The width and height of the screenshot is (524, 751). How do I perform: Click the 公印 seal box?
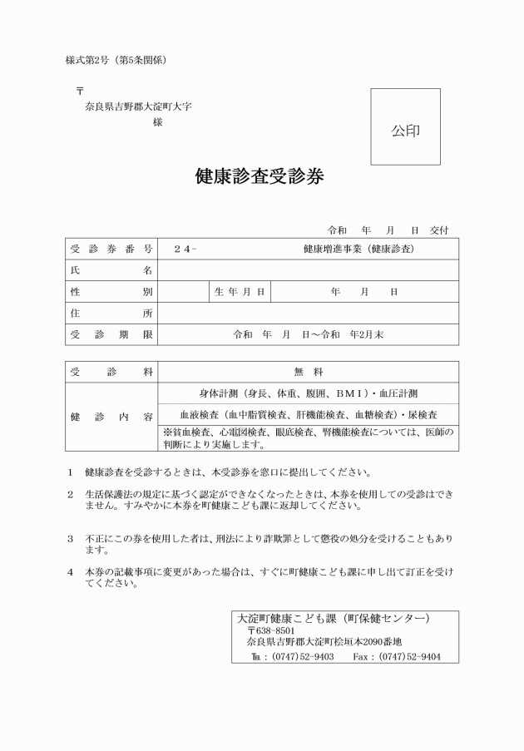click(x=405, y=126)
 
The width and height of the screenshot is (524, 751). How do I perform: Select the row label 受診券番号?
click(x=111, y=249)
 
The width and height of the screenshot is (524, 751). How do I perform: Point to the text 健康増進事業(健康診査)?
click(x=358, y=249)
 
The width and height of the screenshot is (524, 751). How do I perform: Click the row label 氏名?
click(x=111, y=270)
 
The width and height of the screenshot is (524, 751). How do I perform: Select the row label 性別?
click(x=111, y=292)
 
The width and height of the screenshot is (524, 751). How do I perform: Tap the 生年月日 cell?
click(x=239, y=292)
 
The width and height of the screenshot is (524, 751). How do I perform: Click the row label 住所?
click(x=111, y=314)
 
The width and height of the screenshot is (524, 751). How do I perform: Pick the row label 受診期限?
click(x=111, y=334)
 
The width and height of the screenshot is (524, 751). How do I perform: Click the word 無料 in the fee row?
click(x=308, y=372)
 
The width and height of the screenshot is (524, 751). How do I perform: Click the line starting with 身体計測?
click(x=308, y=393)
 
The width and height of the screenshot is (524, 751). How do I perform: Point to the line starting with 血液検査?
click(x=308, y=414)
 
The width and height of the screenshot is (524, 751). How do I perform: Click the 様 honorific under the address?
click(x=157, y=122)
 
